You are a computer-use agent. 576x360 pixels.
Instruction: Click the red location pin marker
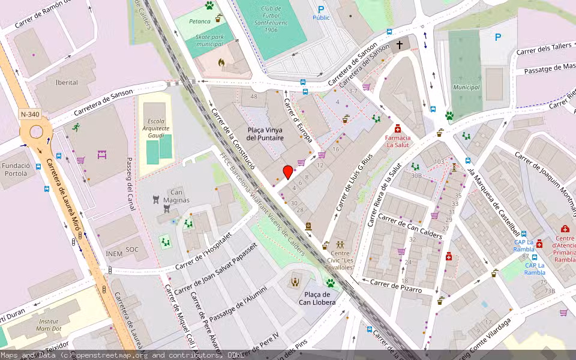(x=288, y=172)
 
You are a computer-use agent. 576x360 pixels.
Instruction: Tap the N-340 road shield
(x=29, y=114)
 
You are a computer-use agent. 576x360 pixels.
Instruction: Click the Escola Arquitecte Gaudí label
(x=155, y=128)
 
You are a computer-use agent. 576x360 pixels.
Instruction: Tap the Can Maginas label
(x=172, y=196)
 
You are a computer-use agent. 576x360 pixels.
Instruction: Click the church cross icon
(x=400, y=45)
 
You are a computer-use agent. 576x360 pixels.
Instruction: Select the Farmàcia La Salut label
(x=397, y=141)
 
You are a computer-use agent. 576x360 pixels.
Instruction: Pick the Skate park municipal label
(x=209, y=40)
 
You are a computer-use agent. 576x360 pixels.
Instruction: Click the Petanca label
(x=199, y=21)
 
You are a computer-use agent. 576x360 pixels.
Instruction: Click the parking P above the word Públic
(x=321, y=9)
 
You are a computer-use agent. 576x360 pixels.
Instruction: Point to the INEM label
(x=114, y=253)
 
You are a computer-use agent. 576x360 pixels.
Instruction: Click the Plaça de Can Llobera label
(x=317, y=298)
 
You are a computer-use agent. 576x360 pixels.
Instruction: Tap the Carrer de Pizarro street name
(x=395, y=286)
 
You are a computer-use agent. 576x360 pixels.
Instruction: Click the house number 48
(x=254, y=97)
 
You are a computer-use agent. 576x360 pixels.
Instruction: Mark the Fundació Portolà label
(x=15, y=169)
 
